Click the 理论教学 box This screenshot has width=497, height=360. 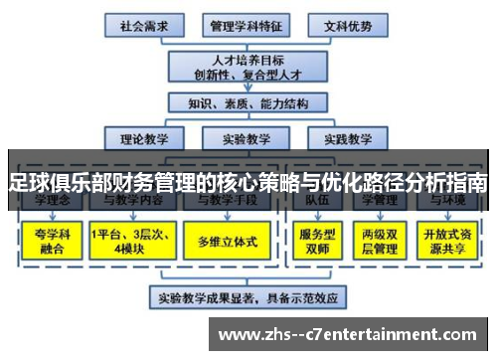(x=143, y=138)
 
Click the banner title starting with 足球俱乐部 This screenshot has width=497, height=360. (x=248, y=182)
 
